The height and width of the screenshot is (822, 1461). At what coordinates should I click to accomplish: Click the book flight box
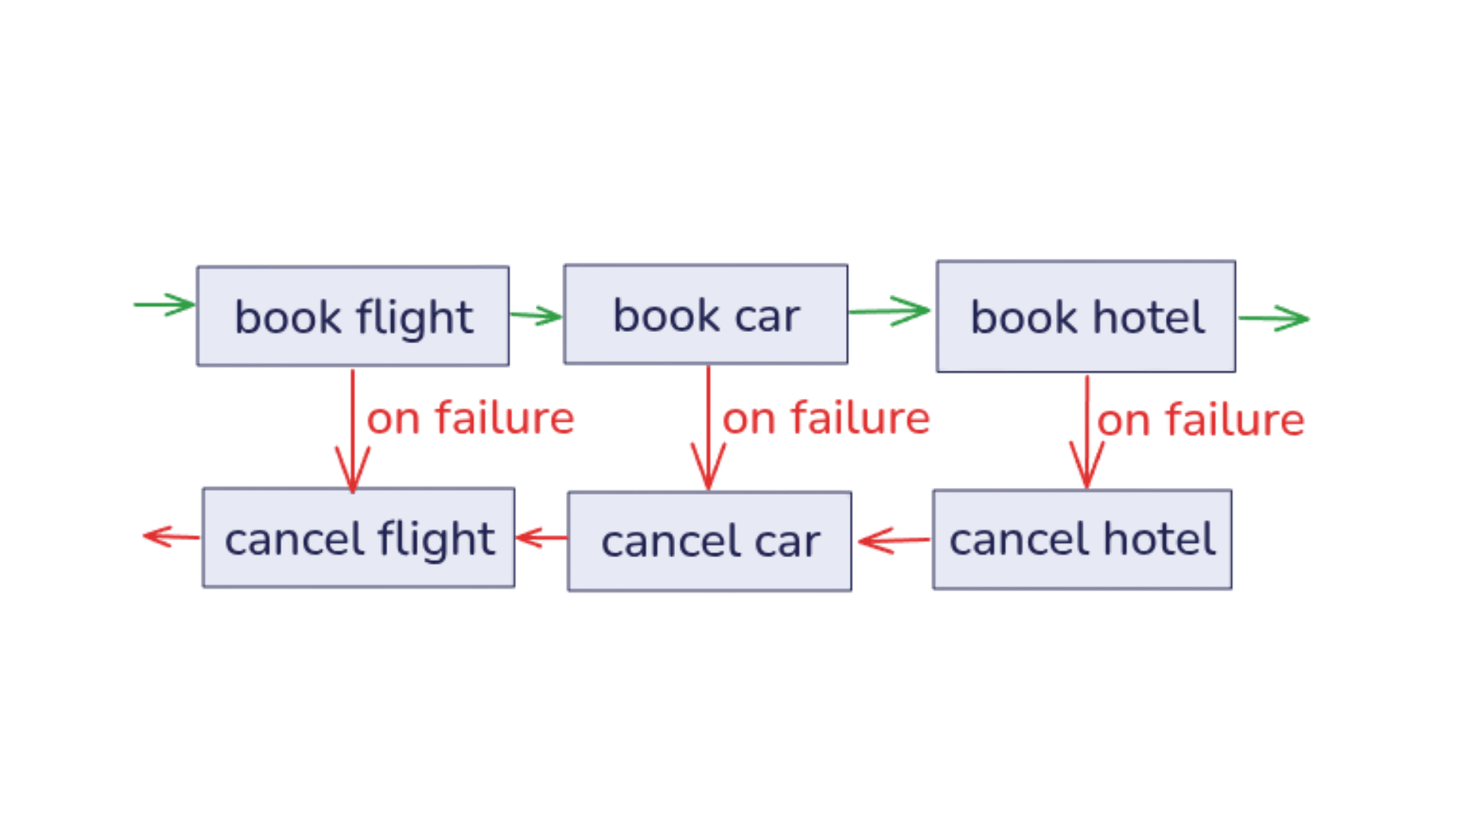tap(353, 316)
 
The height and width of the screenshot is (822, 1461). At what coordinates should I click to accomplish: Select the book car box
tap(706, 314)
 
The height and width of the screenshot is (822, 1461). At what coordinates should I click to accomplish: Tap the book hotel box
tap(1086, 317)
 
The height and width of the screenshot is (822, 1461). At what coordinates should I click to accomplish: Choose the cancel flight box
tap(358, 537)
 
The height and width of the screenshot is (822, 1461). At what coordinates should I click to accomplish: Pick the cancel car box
tap(710, 541)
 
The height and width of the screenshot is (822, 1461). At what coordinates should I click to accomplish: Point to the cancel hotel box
tap(1082, 540)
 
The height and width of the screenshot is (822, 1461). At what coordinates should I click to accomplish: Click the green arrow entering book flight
tap(164, 304)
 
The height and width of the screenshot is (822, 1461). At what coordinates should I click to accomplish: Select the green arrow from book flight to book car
tap(536, 315)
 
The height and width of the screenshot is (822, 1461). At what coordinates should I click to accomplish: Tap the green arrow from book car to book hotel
tap(890, 311)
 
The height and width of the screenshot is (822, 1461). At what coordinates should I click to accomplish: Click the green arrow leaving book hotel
tap(1274, 318)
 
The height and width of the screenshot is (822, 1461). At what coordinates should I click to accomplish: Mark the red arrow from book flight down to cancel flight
tap(352, 432)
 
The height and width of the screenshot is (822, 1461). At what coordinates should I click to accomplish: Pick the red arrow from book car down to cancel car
tap(708, 429)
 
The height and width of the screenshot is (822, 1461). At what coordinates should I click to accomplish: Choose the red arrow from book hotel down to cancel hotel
tap(1087, 432)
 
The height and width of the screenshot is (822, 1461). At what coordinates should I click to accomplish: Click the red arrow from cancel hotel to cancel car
tap(893, 540)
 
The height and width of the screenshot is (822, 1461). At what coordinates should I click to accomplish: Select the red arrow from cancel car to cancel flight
tap(541, 538)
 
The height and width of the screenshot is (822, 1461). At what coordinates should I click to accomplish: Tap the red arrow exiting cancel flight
tap(171, 537)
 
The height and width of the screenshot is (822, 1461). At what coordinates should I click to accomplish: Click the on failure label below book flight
tap(470, 418)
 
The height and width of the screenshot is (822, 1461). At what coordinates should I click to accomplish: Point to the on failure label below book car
tap(826, 418)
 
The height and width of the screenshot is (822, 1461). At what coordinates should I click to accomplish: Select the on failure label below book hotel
tap(1201, 420)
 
